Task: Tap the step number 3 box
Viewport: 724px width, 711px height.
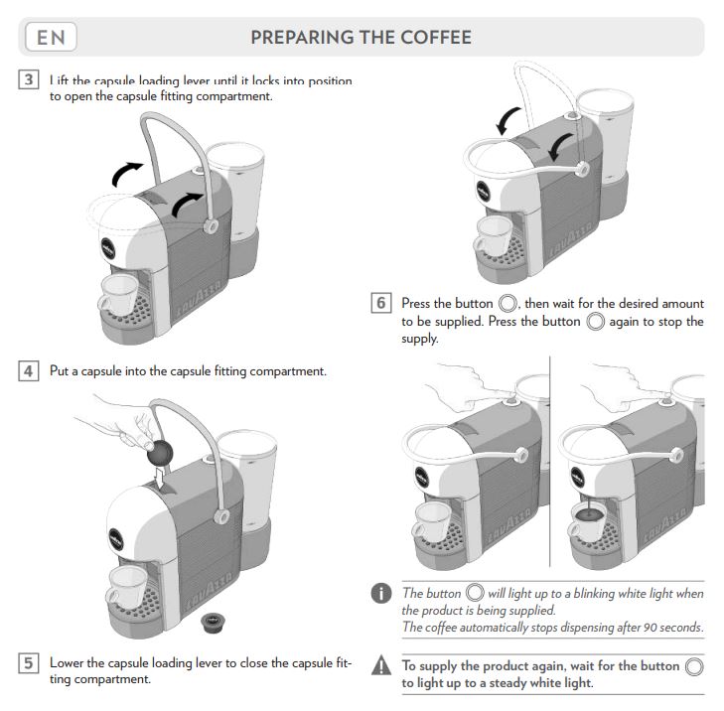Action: pos(29,80)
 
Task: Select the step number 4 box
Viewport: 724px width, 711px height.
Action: pos(29,371)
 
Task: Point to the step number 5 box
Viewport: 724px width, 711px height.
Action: pos(29,662)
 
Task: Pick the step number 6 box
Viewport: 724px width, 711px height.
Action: pos(380,303)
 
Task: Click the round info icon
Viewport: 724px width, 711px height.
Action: pos(381,595)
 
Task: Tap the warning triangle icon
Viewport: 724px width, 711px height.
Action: pos(381,667)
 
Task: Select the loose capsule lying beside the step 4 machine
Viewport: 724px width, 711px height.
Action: pos(212,622)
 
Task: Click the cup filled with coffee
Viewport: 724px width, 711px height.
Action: pos(587,520)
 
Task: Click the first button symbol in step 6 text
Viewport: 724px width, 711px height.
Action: pos(507,303)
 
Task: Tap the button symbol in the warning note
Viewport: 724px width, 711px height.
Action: pos(694,666)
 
